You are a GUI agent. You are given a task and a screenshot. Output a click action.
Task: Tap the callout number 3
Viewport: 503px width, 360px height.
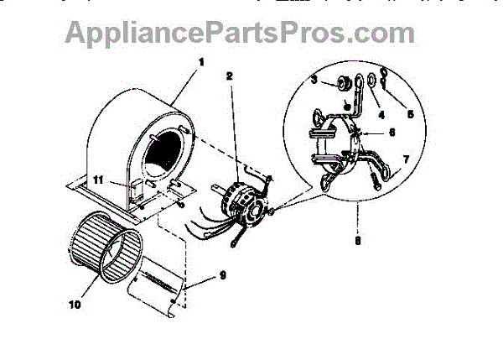[x=314, y=81]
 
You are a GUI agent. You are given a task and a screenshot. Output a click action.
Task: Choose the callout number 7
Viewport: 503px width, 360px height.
[x=406, y=159]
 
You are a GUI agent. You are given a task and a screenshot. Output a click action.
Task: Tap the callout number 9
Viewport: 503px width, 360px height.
[x=223, y=274]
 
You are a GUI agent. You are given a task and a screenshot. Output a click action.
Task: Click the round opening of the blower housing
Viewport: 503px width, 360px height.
[x=168, y=159]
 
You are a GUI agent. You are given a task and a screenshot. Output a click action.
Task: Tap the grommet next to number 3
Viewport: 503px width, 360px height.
[x=342, y=83]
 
